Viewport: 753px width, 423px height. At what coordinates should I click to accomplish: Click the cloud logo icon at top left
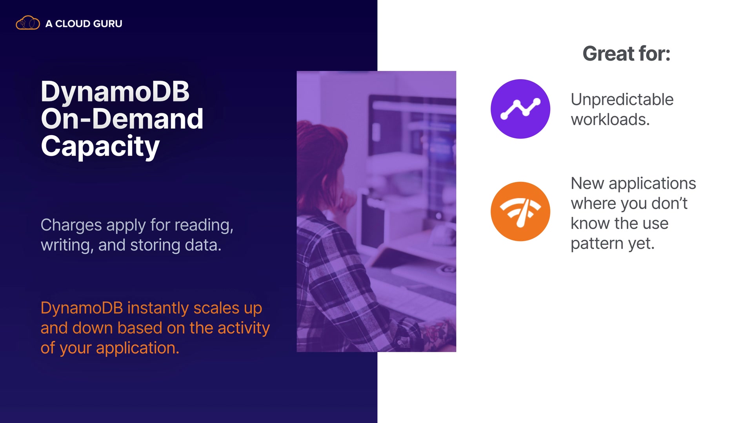point(27,23)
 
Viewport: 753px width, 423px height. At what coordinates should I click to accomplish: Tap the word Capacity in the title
point(100,146)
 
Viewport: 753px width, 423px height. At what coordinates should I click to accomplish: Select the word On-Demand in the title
point(122,119)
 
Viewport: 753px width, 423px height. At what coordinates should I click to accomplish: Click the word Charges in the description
point(71,225)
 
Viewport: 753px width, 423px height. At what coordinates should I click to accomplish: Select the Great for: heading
point(626,54)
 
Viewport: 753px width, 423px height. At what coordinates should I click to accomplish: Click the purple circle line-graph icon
point(520,109)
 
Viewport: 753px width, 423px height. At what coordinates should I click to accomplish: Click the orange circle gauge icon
point(520,211)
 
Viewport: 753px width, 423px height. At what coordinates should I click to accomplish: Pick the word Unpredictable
point(622,99)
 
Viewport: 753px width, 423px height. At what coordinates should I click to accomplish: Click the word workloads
point(610,119)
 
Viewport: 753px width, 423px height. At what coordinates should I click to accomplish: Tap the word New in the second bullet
point(587,183)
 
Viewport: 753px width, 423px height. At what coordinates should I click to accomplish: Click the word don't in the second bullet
point(669,204)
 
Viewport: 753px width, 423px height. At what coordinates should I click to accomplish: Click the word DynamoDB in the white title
point(115,91)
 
